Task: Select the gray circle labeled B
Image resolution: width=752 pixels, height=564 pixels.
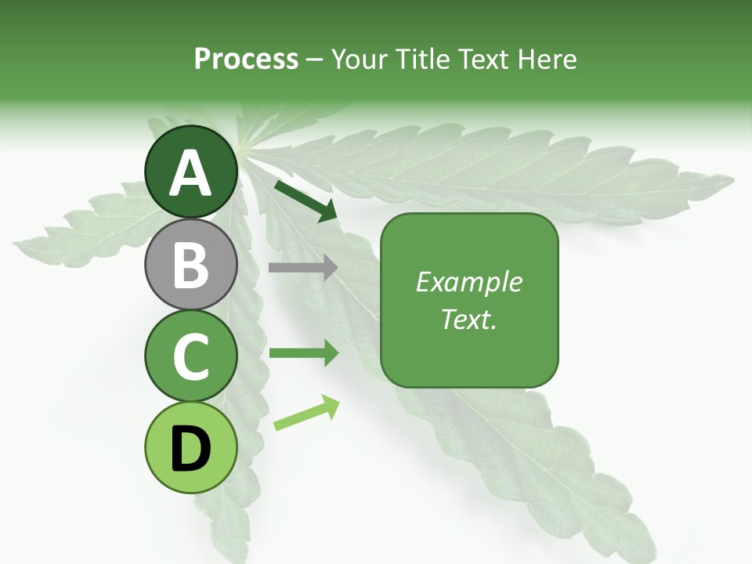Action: (191, 264)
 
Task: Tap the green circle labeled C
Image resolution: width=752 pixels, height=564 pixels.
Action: (191, 356)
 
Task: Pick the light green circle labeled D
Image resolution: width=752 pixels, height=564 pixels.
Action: (191, 447)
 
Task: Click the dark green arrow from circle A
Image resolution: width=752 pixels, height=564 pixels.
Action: (305, 201)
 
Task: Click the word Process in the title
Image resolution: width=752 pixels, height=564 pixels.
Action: (246, 59)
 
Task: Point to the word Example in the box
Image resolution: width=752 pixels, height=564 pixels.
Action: (468, 282)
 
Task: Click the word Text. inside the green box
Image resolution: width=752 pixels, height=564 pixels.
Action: (468, 319)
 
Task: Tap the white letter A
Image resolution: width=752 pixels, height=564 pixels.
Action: (191, 173)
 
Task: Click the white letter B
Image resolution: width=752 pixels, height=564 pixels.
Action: (191, 265)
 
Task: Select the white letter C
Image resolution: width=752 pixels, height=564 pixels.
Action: (191, 356)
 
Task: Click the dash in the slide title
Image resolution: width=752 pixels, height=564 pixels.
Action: (315, 60)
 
